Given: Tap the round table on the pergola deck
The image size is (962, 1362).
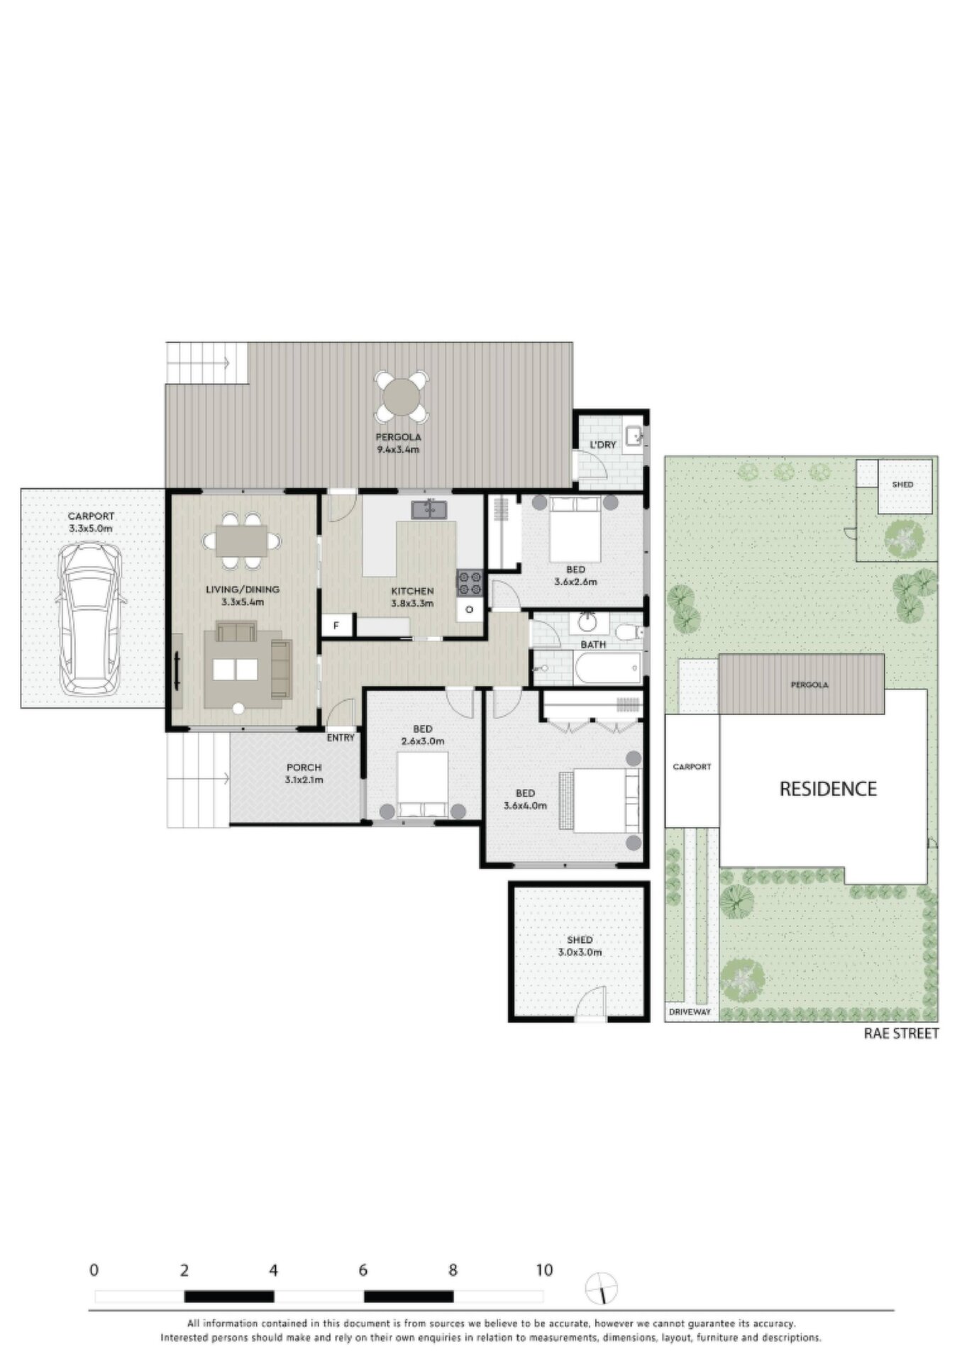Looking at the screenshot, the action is pos(402,396).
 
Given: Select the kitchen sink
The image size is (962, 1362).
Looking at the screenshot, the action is pos(429,509).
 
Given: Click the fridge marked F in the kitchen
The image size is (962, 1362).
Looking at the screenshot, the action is pos(336,626).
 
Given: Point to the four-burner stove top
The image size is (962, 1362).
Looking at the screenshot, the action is pos(469,583).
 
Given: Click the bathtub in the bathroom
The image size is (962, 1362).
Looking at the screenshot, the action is pos(608,668).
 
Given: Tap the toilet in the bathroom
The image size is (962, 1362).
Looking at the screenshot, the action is pos(628,631).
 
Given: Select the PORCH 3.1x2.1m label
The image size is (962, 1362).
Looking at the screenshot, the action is pos(304,774).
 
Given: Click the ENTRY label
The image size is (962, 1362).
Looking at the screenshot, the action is pos(341,738).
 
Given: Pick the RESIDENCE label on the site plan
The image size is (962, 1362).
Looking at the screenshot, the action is pos(828,789).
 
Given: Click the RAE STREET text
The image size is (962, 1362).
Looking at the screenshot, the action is pos(900,1034).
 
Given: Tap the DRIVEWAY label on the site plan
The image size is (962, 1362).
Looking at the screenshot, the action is pos(690,1012).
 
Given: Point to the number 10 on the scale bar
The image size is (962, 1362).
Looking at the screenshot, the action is pos(543,1270).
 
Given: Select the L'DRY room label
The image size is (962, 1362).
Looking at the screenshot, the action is pos(603,445).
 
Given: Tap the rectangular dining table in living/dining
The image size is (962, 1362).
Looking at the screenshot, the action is pos(242,541).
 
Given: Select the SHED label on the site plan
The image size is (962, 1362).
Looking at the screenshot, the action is pos(902,485).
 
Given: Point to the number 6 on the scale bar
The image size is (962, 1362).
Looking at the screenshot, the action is pos(363,1270).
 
